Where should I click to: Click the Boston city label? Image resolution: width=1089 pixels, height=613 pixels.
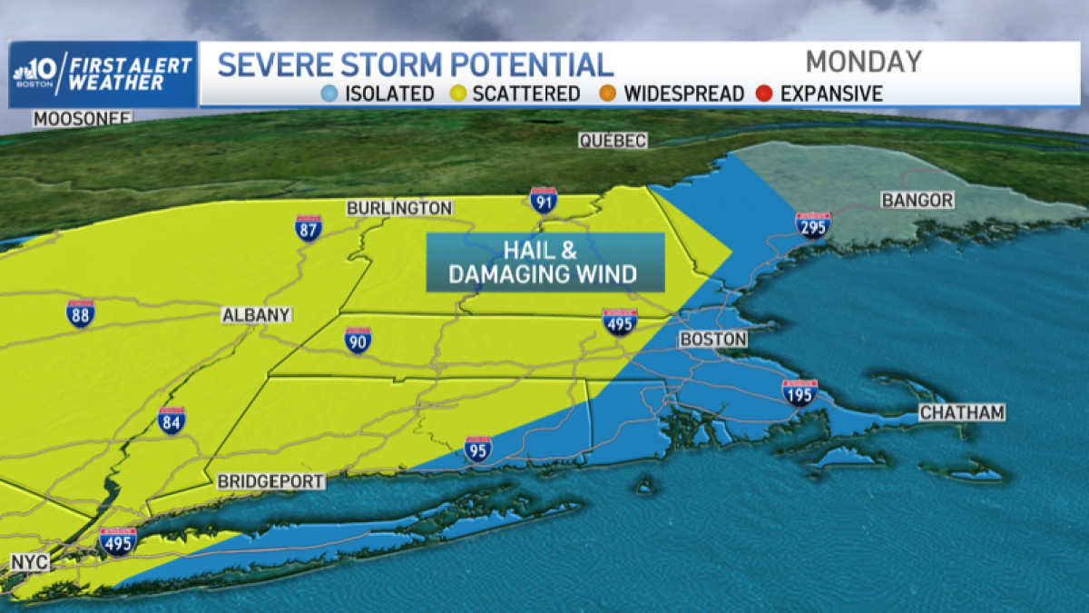[713, 339]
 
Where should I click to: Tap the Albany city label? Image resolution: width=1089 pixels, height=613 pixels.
[257, 315]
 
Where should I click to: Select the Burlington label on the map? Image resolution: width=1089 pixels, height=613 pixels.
[399, 208]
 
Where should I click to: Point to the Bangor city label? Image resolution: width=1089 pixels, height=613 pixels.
[917, 200]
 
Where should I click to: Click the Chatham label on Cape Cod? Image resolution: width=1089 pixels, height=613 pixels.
[962, 413]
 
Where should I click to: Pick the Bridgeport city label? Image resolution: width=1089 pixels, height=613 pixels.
[270, 481]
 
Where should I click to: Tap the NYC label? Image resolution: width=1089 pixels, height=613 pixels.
[29, 563]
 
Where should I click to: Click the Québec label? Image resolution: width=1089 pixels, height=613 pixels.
[613, 140]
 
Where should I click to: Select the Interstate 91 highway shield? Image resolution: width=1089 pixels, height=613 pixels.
[544, 200]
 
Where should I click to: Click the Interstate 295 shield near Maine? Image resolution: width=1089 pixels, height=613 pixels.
[812, 224]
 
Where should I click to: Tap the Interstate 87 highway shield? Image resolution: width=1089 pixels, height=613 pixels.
[309, 227]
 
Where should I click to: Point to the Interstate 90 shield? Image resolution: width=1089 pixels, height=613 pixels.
[358, 340]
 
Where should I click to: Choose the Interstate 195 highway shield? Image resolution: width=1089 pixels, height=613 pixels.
[800, 391]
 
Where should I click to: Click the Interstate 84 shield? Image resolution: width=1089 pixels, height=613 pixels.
[171, 420]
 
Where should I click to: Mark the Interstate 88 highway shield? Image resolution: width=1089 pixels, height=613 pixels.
[80, 313]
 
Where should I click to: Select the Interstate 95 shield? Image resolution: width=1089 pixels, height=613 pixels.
[478, 449]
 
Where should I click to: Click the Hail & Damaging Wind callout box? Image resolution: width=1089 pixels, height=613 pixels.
[545, 262]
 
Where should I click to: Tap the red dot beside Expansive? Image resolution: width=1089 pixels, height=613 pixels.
[764, 94]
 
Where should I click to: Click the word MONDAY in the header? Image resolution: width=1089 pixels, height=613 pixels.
[863, 62]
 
